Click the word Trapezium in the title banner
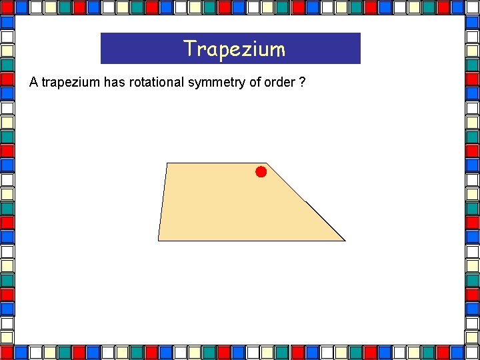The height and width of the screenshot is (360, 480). tap(234, 49)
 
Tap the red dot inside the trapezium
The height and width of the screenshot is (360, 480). tap(261, 172)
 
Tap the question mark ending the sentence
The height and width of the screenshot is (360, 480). tap(303, 83)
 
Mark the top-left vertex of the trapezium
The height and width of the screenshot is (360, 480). tap(167, 163)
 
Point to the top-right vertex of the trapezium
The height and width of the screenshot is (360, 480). tap(266, 163)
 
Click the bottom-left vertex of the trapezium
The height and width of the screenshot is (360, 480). tap(158, 240)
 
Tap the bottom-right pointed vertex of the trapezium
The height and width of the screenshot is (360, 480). tap(344, 241)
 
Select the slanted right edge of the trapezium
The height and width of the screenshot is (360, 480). tap(305, 202)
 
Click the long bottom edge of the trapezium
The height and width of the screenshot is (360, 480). tap(251, 241)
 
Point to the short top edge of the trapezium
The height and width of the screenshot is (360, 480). tap(216, 163)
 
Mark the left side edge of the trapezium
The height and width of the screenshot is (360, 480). tap(162, 201)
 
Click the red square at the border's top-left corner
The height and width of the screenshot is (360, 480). tap(7, 7)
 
